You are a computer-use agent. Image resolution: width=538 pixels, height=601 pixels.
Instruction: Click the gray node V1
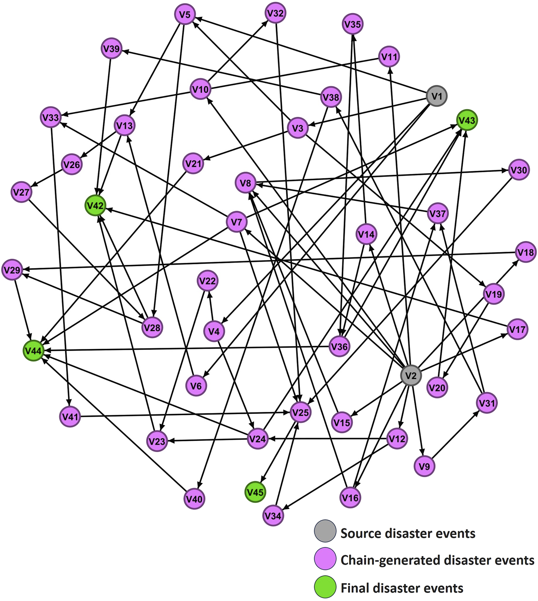pos(437,96)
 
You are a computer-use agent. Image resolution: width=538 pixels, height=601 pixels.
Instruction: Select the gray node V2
pos(411,376)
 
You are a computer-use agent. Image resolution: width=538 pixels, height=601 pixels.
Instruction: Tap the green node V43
pos(466,120)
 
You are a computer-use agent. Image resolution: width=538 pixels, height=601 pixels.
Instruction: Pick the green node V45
pos(255,492)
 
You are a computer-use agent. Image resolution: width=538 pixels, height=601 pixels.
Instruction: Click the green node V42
pos(95,206)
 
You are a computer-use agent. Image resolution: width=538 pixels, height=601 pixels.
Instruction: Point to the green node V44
pos(33,350)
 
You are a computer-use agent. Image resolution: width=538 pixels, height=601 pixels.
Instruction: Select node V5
pos(184,15)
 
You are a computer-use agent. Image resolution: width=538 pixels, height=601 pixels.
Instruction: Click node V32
pos(275,13)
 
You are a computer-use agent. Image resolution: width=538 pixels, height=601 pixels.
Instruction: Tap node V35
pos(352,24)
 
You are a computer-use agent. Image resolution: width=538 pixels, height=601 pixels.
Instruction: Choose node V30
pos(518,170)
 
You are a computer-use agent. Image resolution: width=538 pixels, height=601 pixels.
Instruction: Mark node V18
pos(526,252)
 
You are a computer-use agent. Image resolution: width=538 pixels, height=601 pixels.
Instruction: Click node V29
pos(12,270)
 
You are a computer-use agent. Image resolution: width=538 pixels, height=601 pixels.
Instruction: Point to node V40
pos(194,499)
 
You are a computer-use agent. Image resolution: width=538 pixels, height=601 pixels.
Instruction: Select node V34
pos(273,515)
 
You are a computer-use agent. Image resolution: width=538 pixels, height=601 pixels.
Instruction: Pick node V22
pos(207,281)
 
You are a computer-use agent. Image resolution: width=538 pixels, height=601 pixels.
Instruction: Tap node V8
pos(245,183)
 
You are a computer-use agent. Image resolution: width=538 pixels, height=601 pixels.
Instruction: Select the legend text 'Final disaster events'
pos(402,588)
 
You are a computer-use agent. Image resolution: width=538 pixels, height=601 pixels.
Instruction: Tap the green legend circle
pos(325,587)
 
